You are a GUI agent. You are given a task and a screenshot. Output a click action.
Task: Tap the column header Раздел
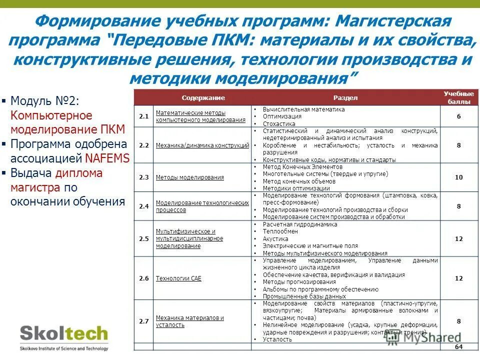(x=345, y=98)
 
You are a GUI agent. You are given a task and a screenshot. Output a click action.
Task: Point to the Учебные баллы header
(x=458, y=97)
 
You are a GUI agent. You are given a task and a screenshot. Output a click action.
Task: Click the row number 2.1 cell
(x=144, y=116)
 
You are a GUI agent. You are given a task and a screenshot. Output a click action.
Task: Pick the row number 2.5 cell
(x=144, y=238)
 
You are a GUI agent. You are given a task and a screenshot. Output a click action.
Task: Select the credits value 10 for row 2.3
(x=458, y=177)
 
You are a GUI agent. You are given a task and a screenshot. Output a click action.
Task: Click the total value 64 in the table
(x=458, y=347)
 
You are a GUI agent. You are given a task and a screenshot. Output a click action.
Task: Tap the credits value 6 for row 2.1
(x=458, y=116)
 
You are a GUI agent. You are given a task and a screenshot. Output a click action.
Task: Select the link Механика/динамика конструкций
(x=202, y=145)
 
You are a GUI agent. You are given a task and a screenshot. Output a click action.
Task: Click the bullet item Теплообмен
(x=280, y=231)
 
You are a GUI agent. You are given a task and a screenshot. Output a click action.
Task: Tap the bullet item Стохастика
(x=278, y=123)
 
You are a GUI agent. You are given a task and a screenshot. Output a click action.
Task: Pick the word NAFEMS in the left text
(x=107, y=158)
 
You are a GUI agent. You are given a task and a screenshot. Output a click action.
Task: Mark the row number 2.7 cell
(x=144, y=321)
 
